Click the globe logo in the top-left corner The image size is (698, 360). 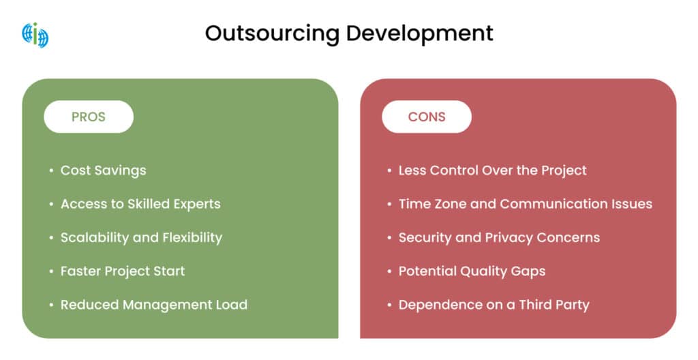pyautogui.click(x=35, y=34)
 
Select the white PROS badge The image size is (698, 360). pyautogui.click(x=89, y=117)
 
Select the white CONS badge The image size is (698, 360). pyautogui.click(x=427, y=117)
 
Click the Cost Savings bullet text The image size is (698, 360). pyautogui.click(x=103, y=170)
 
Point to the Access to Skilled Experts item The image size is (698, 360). pyautogui.click(x=140, y=204)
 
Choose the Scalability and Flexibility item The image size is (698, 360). pyautogui.click(x=141, y=237)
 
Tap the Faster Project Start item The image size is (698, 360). pyautogui.click(x=123, y=271)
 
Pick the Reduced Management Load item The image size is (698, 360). pyautogui.click(x=153, y=304)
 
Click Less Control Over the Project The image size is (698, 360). pyautogui.click(x=492, y=170)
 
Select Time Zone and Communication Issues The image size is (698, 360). pyautogui.click(x=525, y=204)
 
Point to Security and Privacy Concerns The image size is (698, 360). pyautogui.click(x=499, y=237)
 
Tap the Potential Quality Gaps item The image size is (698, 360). pyautogui.click(x=472, y=271)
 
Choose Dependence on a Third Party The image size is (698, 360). pyautogui.click(x=494, y=304)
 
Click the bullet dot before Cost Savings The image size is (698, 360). pyautogui.click(x=51, y=171)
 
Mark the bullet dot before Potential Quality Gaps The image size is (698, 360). pyautogui.click(x=389, y=271)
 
